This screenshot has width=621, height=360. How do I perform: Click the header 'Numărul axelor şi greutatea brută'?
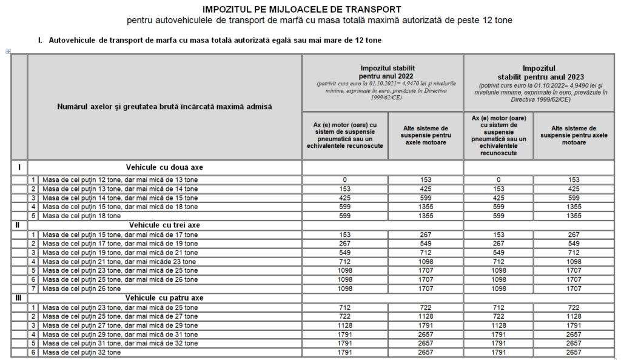pyautogui.click(x=164, y=107)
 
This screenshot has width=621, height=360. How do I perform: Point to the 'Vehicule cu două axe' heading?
pyautogui.click(x=164, y=166)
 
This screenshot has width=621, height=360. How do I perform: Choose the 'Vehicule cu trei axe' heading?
pyautogui.click(x=164, y=225)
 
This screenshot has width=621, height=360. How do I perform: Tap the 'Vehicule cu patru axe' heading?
pyautogui.click(x=164, y=298)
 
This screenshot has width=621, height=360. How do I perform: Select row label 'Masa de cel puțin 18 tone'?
pyautogui.click(x=81, y=216)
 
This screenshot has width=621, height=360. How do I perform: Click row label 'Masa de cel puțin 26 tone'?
pyautogui.click(x=81, y=288)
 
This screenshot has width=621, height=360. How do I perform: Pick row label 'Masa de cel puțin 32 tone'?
pyautogui.click(x=81, y=353)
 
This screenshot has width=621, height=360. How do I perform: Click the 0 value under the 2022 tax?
pyautogui.click(x=344, y=180)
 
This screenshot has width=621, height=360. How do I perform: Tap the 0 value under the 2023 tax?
pyautogui.click(x=498, y=180)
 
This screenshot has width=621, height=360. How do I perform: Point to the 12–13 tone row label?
pyautogui.click(x=119, y=180)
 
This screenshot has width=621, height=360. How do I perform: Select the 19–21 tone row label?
pyautogui.click(x=119, y=252)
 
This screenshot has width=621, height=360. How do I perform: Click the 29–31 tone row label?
pyautogui.click(x=119, y=335)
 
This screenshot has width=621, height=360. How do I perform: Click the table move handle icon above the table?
pyautogui.click(x=8, y=52)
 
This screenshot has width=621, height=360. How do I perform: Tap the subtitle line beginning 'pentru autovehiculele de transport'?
pyautogui.click(x=320, y=21)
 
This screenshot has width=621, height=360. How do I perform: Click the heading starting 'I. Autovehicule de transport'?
pyautogui.click(x=209, y=41)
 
